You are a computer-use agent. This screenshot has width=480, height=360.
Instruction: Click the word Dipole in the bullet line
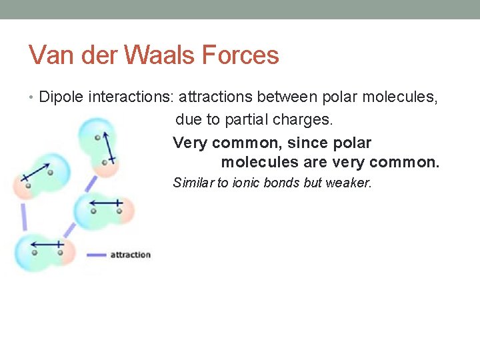(x=59, y=98)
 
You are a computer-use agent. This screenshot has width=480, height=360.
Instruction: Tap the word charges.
(x=308, y=121)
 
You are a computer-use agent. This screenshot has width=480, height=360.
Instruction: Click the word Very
(x=190, y=143)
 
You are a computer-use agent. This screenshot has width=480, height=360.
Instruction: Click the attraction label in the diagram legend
(x=131, y=255)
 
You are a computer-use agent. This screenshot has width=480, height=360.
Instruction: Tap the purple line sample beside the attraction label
(x=97, y=255)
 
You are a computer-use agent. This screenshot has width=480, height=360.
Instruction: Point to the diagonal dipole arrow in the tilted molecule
(x=38, y=171)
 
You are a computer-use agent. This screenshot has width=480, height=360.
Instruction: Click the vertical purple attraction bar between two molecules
(x=24, y=217)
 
